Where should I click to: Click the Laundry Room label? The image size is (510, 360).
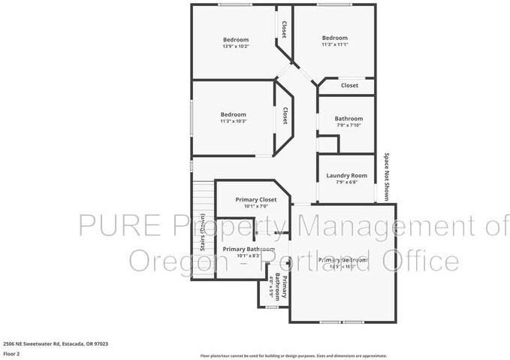tap(346, 176)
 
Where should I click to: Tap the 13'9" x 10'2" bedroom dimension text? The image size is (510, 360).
tap(235, 47)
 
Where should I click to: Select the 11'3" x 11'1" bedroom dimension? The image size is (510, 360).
tap(334, 45)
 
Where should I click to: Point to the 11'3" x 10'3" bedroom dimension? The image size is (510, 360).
tap(233, 121)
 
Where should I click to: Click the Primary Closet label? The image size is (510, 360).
tap(255, 199)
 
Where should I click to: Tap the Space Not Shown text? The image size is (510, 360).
tap(387, 177)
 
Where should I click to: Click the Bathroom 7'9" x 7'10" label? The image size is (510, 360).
tap(349, 118)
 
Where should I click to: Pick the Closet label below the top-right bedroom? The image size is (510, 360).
tap(349, 86)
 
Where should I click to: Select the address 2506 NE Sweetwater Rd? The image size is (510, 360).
tap(55, 343)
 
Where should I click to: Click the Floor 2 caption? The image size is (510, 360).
tap(11, 352)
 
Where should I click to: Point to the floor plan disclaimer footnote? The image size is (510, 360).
tap(293, 355)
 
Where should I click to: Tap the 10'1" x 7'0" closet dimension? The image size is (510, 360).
tap(255, 206)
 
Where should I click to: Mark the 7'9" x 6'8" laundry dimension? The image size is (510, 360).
tap(346, 183)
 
